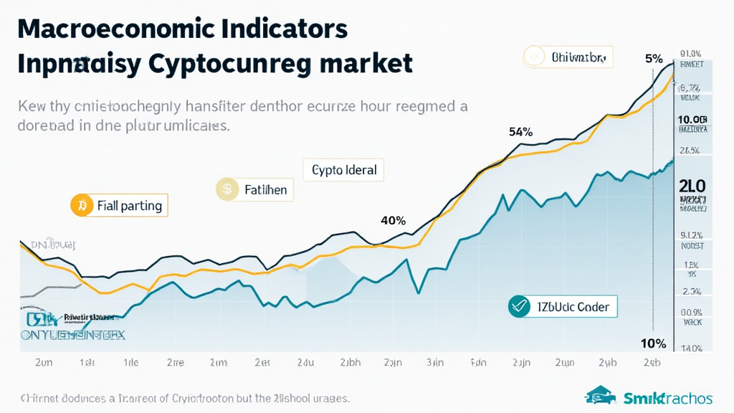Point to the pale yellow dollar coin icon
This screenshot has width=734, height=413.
(x=227, y=190)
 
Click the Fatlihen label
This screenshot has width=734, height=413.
(x=265, y=190)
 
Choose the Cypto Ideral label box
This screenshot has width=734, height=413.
(x=344, y=170)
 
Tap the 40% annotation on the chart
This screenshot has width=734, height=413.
(x=393, y=220)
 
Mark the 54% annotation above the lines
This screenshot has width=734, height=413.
(x=520, y=132)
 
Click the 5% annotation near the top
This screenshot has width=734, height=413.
(x=654, y=59)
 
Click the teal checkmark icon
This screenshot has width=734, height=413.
(x=518, y=307)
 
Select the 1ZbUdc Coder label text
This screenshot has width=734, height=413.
(x=572, y=307)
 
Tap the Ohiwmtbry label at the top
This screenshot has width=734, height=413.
(x=578, y=57)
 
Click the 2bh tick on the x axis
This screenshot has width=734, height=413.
(x=350, y=362)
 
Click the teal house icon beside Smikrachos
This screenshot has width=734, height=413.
(x=601, y=395)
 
